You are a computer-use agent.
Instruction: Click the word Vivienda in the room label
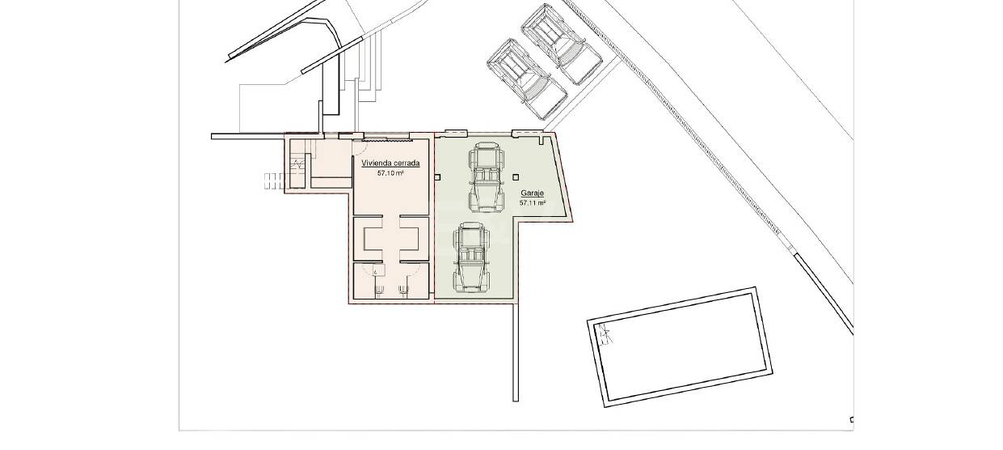click(375, 163)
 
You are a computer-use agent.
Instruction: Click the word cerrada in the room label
click(405, 163)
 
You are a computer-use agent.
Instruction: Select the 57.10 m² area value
click(391, 172)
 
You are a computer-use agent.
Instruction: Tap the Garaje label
click(532, 193)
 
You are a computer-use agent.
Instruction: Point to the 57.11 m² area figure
click(533, 202)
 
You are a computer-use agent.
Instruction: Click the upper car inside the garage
click(487, 177)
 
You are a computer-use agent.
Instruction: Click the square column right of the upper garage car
click(516, 177)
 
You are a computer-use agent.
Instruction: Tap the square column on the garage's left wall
click(437, 177)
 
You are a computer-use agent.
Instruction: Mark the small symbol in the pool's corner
click(605, 334)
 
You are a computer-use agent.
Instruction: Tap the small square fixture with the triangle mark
click(378, 270)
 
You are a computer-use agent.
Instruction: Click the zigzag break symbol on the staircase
click(298, 163)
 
